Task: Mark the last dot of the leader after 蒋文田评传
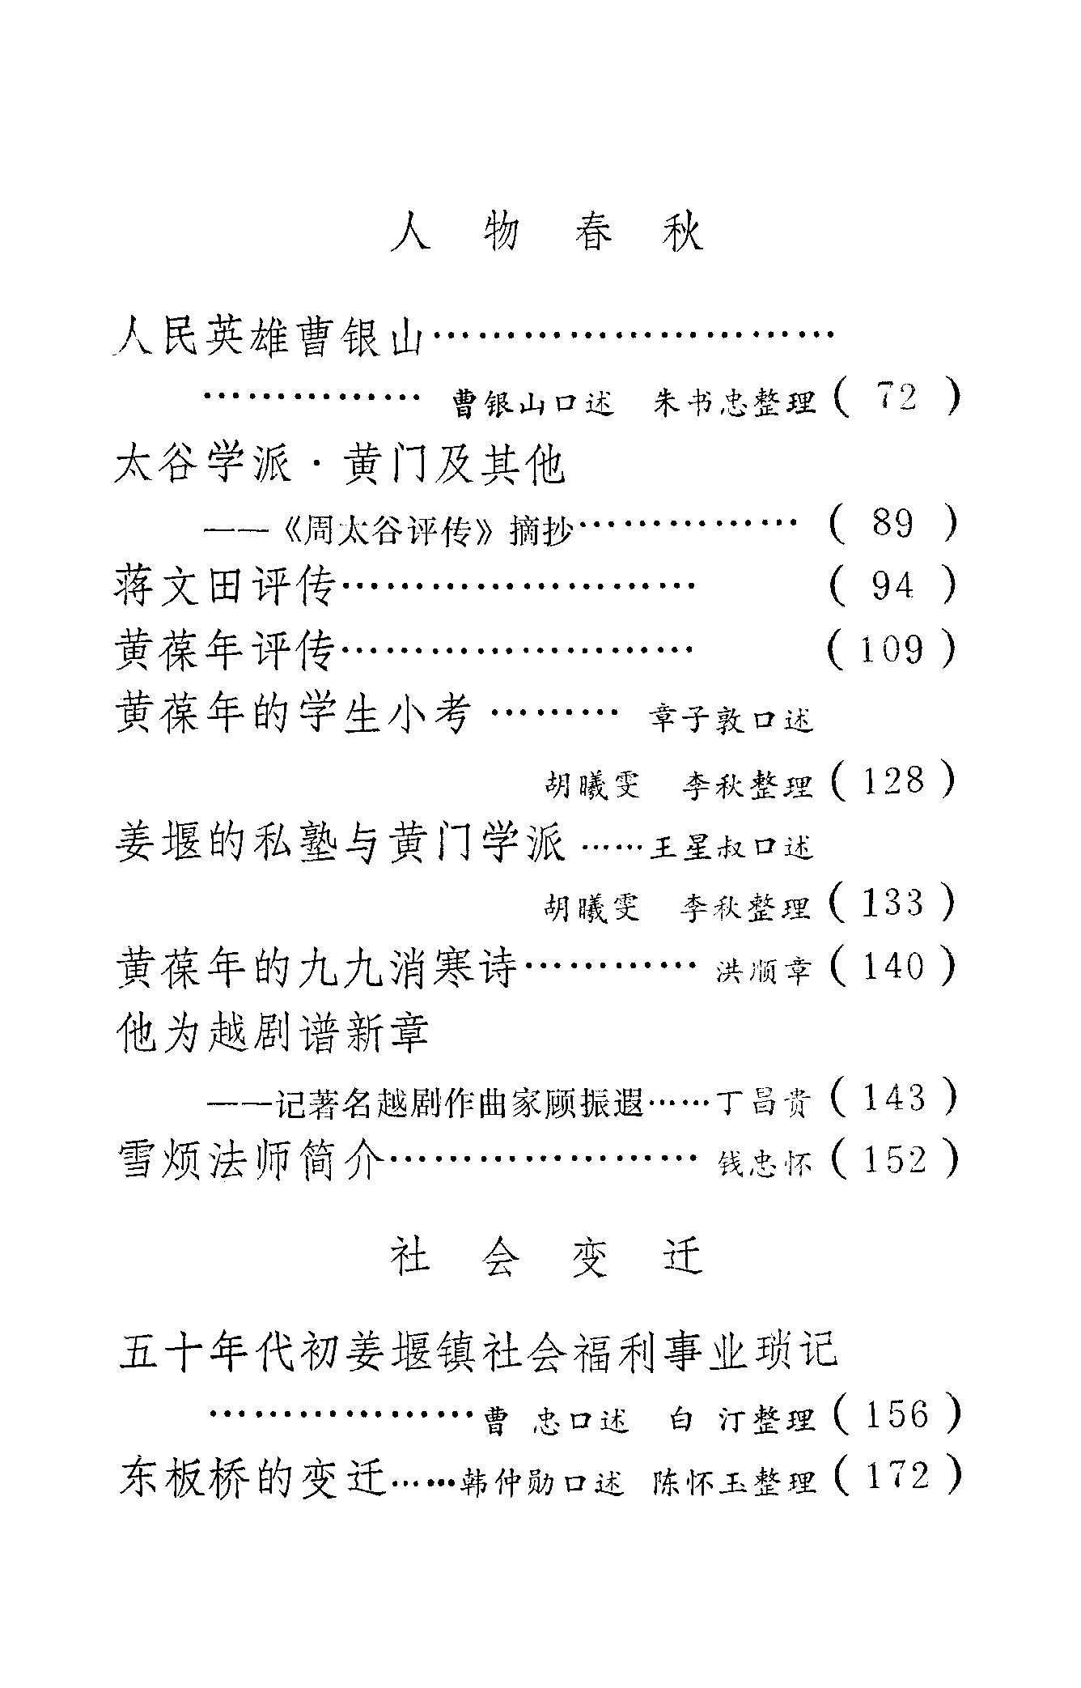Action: click(693, 585)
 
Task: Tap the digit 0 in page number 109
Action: click(891, 649)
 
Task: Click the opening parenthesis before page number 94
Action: click(838, 586)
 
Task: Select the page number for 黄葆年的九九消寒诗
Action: click(892, 967)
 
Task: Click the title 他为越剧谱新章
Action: click(273, 1033)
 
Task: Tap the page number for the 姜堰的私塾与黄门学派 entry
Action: click(892, 903)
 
